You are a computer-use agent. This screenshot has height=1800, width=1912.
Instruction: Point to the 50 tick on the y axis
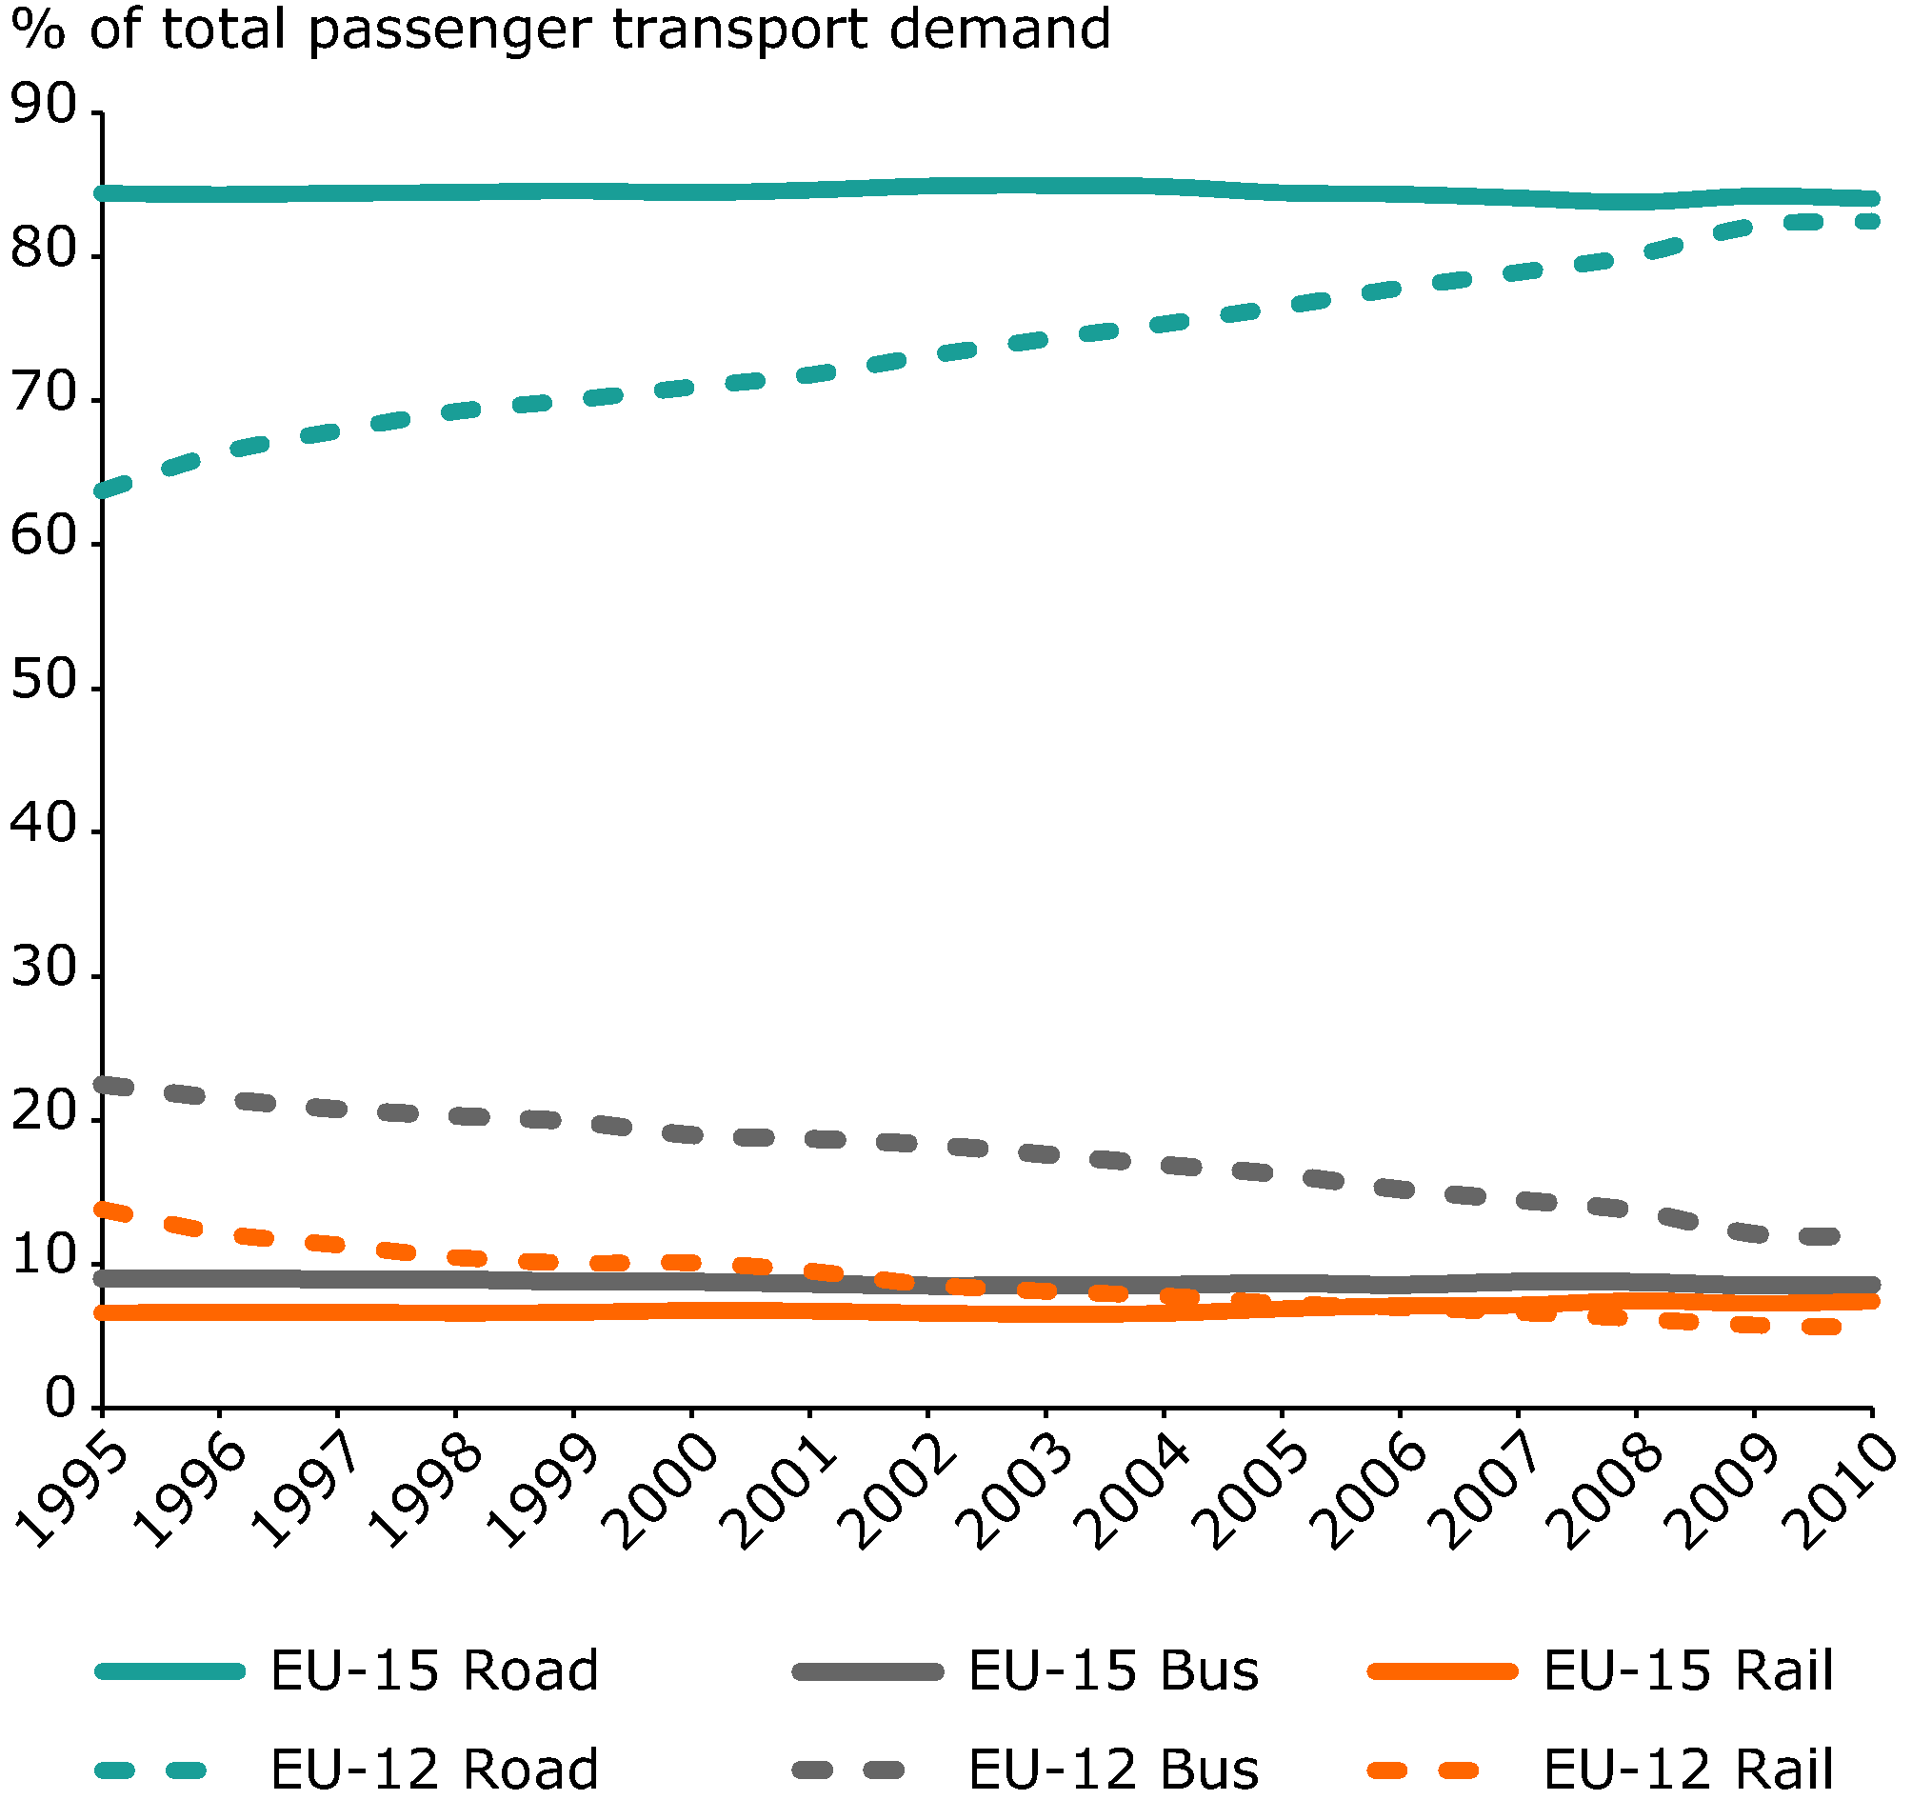click(43, 680)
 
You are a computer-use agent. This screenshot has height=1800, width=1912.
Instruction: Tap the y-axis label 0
click(60, 1400)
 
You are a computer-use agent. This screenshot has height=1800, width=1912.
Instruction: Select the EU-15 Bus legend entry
click(1114, 1670)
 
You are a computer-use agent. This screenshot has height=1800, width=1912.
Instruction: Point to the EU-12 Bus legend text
click(1114, 1769)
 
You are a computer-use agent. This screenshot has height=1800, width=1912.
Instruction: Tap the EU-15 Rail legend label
click(1689, 1670)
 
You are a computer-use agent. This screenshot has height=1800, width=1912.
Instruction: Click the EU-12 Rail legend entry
click(1689, 1769)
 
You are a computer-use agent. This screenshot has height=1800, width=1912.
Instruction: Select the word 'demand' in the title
click(999, 29)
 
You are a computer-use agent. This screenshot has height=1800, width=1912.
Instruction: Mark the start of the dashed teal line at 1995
click(103, 491)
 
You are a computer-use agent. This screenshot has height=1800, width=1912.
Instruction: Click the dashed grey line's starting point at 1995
click(103, 1084)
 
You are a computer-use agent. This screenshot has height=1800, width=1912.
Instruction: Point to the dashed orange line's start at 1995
click(103, 1210)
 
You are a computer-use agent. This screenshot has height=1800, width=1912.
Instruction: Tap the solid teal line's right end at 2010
click(1872, 199)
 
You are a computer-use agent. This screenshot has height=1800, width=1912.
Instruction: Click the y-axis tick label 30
click(43, 968)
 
